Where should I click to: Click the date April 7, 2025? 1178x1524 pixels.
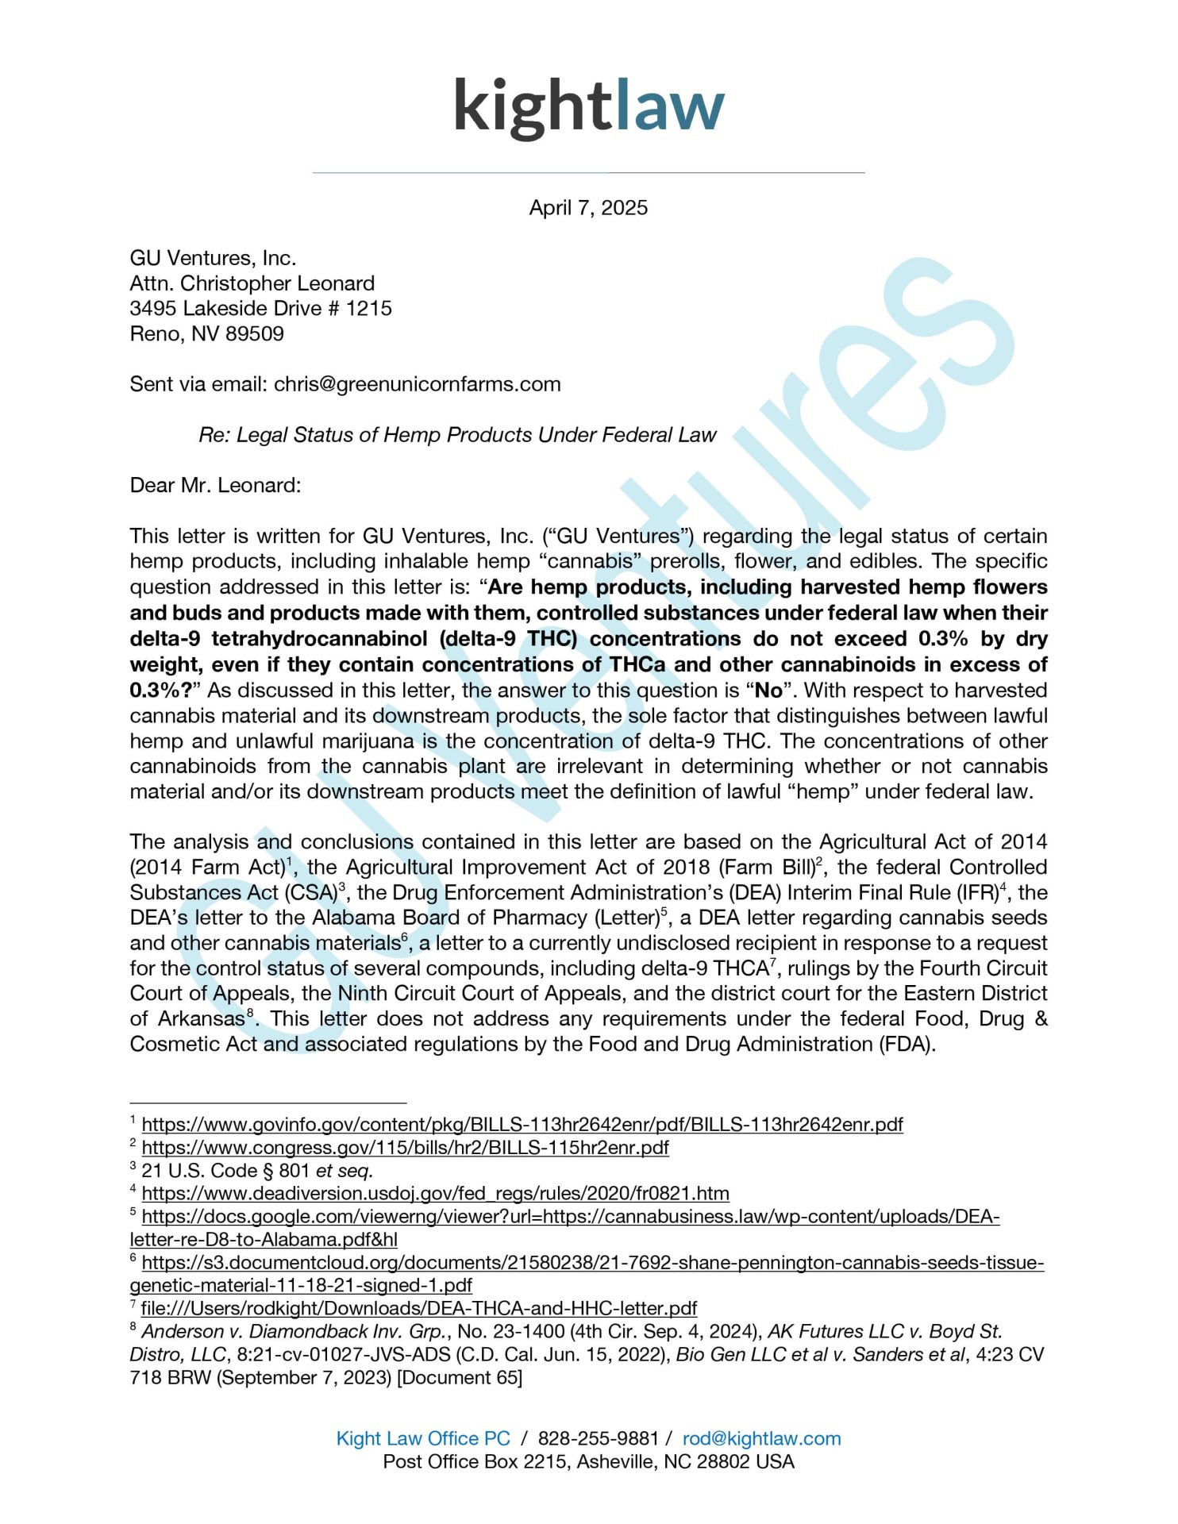coord(588,208)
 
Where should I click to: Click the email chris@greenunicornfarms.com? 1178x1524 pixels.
coord(417,384)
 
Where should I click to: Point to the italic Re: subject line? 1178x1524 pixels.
coord(457,435)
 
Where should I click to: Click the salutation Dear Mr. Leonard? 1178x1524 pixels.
coord(215,485)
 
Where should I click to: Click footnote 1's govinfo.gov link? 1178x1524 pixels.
coord(522,1125)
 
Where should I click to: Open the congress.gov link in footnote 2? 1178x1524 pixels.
coord(405,1148)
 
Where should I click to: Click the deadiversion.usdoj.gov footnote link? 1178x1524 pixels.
coord(435,1194)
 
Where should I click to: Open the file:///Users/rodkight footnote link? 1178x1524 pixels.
coord(418,1308)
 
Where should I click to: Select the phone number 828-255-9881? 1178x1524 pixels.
coord(598,1438)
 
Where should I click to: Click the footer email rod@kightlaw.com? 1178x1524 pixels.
coord(761,1438)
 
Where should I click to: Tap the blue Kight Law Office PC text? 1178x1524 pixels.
coord(423,1438)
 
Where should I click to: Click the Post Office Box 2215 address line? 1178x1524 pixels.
coord(588,1461)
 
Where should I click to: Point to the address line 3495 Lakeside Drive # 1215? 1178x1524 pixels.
coord(260,308)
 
